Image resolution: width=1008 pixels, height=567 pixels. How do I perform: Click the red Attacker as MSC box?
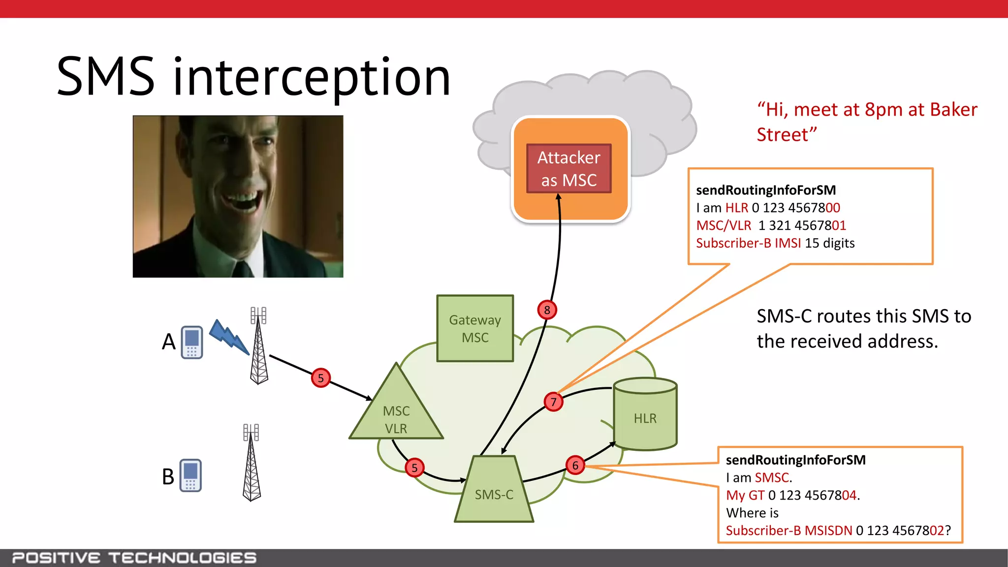568,168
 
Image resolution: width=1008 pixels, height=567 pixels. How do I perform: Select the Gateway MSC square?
475,328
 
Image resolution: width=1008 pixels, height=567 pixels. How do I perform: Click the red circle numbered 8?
547,310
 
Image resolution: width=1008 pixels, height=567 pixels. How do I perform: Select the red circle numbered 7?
553,402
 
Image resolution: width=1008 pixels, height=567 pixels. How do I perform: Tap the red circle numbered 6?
575,465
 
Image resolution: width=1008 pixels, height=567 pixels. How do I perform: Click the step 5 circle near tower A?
320,378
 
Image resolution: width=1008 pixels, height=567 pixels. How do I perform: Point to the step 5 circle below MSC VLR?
414,468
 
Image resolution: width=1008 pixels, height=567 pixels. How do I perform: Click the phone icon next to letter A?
191,342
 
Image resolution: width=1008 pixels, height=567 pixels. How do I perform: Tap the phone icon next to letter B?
190,475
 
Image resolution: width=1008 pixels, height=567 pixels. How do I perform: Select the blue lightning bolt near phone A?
229,337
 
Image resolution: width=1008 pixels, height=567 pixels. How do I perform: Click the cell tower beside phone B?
252,463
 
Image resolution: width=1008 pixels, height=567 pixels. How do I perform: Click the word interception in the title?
312,77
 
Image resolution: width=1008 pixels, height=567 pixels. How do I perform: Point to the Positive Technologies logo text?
134,558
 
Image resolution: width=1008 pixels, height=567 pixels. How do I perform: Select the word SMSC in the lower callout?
771,477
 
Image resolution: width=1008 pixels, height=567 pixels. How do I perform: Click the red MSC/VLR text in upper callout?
724,225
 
